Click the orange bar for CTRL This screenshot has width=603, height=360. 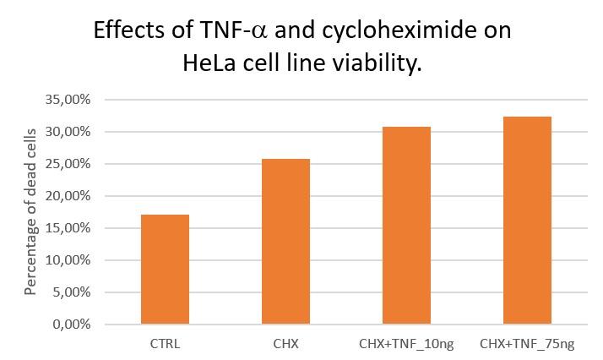(165, 270)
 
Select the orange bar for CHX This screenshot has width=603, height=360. (285, 242)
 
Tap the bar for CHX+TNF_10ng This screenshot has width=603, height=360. (406, 226)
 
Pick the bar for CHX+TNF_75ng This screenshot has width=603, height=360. (527, 221)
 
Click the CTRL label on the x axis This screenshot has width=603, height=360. (165, 344)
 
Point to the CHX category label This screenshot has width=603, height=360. (285, 344)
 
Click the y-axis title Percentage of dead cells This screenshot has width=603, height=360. (30, 211)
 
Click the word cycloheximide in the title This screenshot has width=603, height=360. (375, 30)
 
